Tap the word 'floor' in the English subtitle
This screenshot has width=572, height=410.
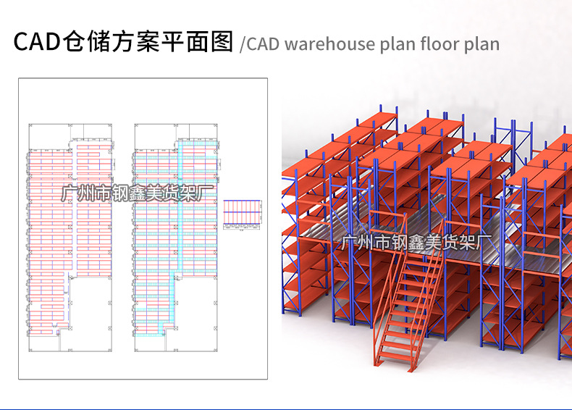(x=437, y=43)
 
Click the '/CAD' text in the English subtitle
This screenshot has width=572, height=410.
(x=260, y=43)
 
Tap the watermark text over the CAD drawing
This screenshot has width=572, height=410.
(x=136, y=194)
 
